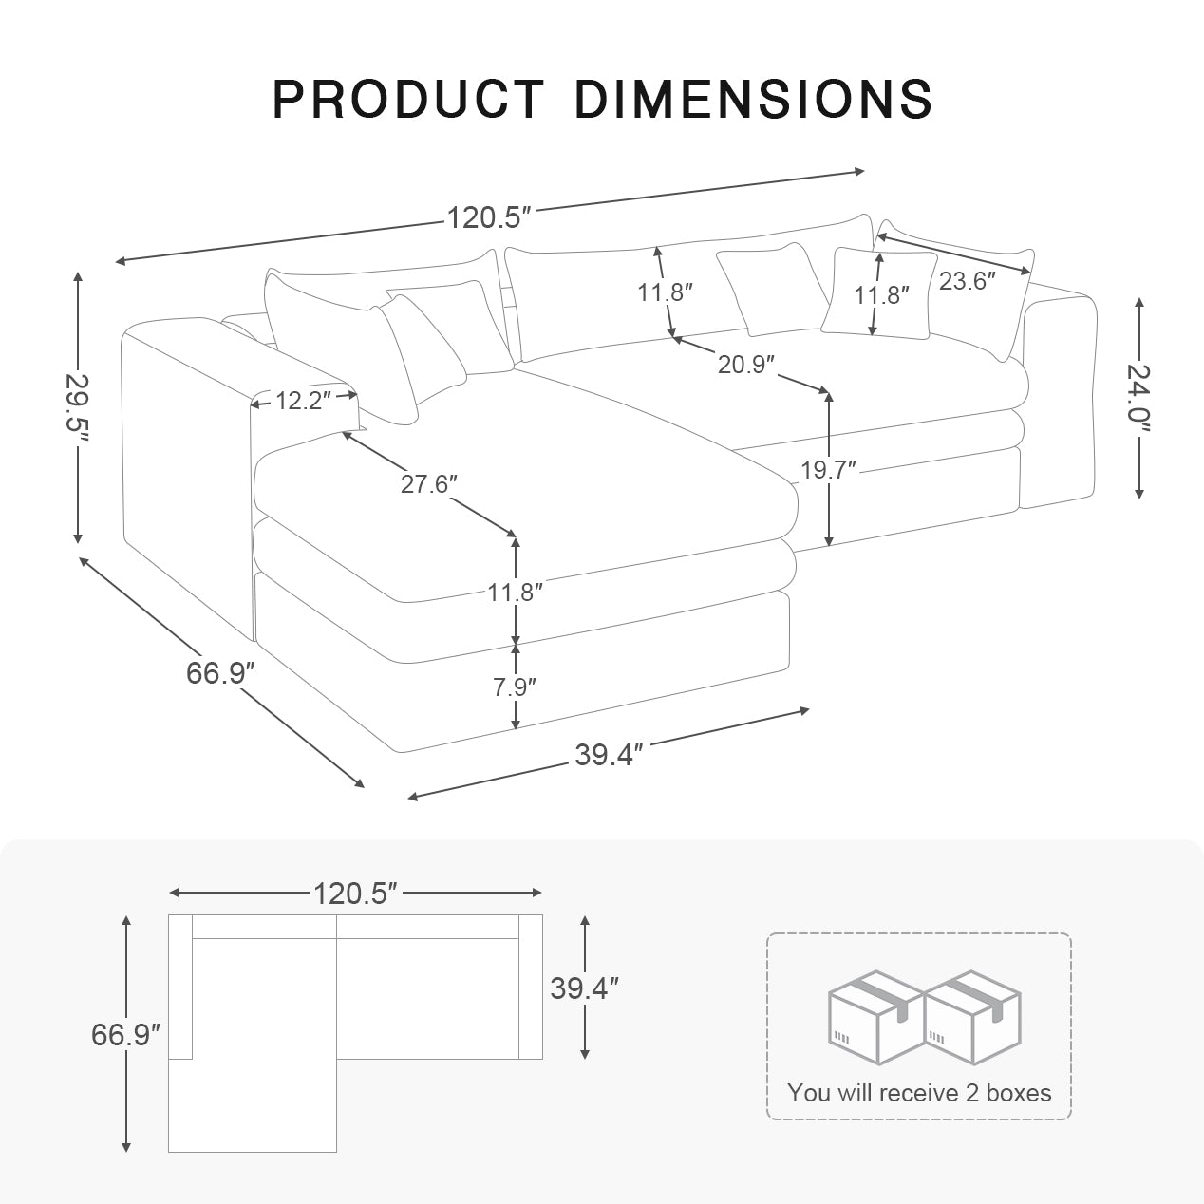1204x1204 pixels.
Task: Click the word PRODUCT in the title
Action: pyautogui.click(x=407, y=99)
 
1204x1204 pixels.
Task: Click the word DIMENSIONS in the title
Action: pyautogui.click(x=753, y=99)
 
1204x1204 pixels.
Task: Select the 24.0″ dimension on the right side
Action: pyautogui.click(x=1139, y=397)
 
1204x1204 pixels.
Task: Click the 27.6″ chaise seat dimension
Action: pyautogui.click(x=428, y=483)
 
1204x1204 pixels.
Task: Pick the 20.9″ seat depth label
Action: pyautogui.click(x=746, y=364)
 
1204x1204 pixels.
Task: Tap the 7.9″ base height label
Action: pyautogui.click(x=515, y=687)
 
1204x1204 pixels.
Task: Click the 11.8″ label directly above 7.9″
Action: pyautogui.click(x=515, y=593)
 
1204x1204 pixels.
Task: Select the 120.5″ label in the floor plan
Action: pyautogui.click(x=354, y=893)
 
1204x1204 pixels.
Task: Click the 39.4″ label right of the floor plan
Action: pyautogui.click(x=584, y=988)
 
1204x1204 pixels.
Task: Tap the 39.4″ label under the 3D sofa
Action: pyautogui.click(x=610, y=755)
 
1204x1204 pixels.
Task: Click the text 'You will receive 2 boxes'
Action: pyautogui.click(x=919, y=1093)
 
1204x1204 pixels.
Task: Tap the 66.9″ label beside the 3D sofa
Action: pyautogui.click(x=221, y=673)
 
